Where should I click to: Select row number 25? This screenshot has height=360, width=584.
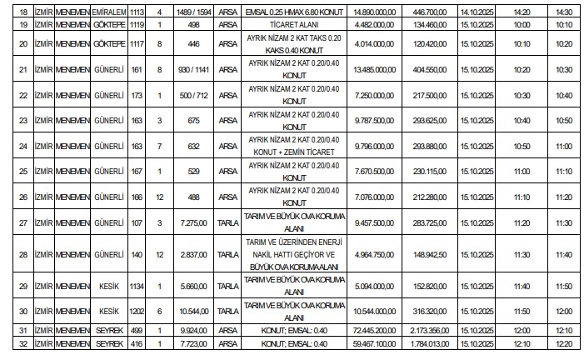[23, 171]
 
